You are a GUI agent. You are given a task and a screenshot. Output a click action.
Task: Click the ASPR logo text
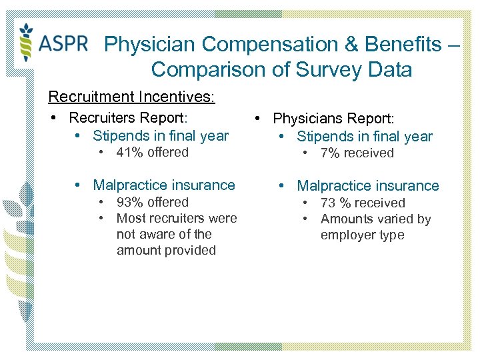[64, 43]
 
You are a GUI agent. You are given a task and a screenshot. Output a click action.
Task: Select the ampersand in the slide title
[311, 45]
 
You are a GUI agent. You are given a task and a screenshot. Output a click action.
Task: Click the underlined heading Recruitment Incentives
[131, 97]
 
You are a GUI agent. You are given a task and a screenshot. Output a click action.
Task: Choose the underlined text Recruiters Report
[128, 118]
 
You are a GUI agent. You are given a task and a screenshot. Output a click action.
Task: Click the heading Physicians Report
[333, 119]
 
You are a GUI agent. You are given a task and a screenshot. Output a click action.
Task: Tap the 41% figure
[129, 152]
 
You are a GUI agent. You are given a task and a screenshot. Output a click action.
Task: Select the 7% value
[329, 153]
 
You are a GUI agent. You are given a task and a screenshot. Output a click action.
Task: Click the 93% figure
[129, 202]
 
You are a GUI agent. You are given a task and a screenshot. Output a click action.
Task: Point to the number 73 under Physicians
[327, 203]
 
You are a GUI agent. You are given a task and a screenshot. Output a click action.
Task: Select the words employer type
[362, 235]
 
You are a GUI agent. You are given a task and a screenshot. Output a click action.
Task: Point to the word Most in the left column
[131, 218]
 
